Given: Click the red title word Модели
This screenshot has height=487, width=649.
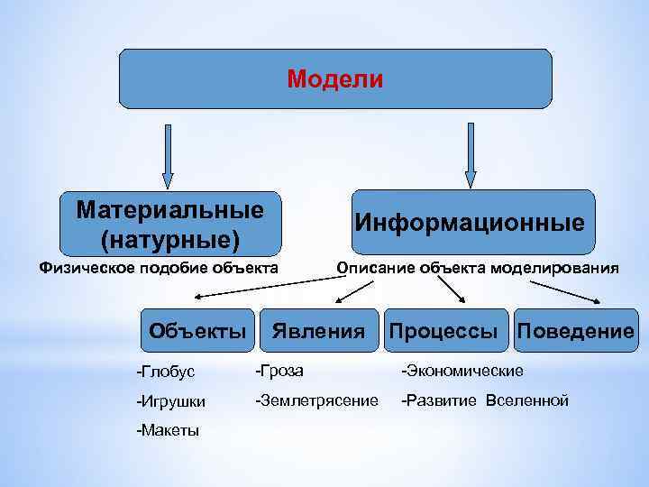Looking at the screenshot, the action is pos(335,79).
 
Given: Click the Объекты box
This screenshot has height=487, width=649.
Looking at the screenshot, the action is pos(197,331).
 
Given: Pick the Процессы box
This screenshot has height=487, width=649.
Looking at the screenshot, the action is pos(443,331).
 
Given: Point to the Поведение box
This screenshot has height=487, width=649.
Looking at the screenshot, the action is pos(576,331).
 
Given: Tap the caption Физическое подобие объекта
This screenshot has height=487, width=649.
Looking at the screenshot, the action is pos(158,268).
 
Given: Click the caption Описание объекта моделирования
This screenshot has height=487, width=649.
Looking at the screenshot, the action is pos(477,268).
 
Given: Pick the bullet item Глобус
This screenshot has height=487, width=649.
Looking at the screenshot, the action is pos(166,372).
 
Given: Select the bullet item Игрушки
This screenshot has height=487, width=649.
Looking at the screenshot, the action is pos(171,401).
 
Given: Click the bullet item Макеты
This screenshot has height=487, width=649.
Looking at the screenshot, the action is pos(168,430).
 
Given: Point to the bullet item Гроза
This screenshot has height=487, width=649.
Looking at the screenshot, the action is pos(279,371).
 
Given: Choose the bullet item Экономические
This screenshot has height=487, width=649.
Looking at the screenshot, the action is pos(462,371).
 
